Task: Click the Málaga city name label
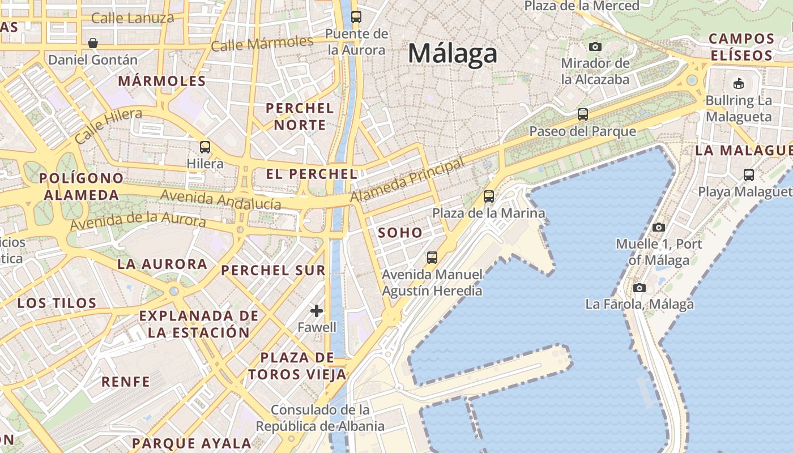[x=453, y=54]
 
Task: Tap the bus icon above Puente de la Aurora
[x=356, y=17]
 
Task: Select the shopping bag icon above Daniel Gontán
[x=93, y=43]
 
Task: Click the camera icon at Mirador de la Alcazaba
[x=595, y=46]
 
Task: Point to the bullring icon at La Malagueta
[x=739, y=84]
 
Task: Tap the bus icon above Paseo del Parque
[x=582, y=114]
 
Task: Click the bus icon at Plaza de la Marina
[x=488, y=196]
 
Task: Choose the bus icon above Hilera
[x=205, y=147]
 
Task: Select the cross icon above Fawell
[x=317, y=310]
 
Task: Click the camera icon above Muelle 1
[x=658, y=227]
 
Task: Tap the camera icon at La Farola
[x=639, y=288]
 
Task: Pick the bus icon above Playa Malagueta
[x=748, y=175]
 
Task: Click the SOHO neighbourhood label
[x=400, y=232]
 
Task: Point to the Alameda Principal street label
[x=407, y=180]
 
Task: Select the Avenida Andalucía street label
[x=221, y=199]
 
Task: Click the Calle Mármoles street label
[x=262, y=43]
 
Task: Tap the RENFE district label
[x=126, y=382]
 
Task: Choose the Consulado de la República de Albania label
[x=320, y=418]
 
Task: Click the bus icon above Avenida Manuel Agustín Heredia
[x=432, y=258]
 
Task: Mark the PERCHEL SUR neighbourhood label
[x=273, y=271]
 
